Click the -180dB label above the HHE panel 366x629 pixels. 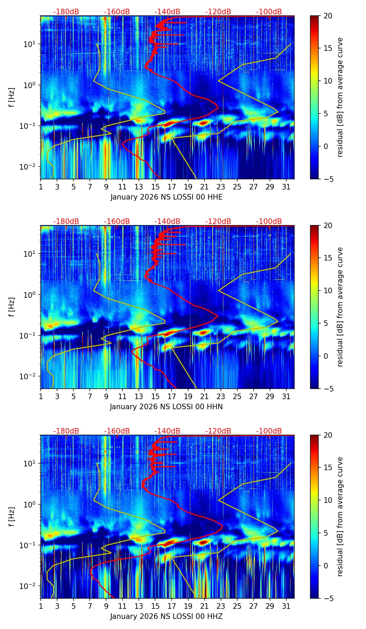66,12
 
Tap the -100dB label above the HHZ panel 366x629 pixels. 269,431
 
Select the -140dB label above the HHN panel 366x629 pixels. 167,222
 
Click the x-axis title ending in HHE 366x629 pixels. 166,197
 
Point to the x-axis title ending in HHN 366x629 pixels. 166,407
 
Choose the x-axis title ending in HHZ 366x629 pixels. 166,616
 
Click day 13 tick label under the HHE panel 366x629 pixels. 139,186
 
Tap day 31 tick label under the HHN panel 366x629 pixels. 286,396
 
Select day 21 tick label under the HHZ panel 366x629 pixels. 204,606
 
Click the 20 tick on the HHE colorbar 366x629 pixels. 328,16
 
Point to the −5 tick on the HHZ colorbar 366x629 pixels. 328,598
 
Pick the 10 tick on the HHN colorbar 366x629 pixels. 328,290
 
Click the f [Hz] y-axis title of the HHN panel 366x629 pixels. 13,307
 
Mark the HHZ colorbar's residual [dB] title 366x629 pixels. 340,517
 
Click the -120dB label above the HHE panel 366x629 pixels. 218,12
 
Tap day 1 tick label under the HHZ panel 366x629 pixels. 41,606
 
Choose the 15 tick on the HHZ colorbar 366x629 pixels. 328,468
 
